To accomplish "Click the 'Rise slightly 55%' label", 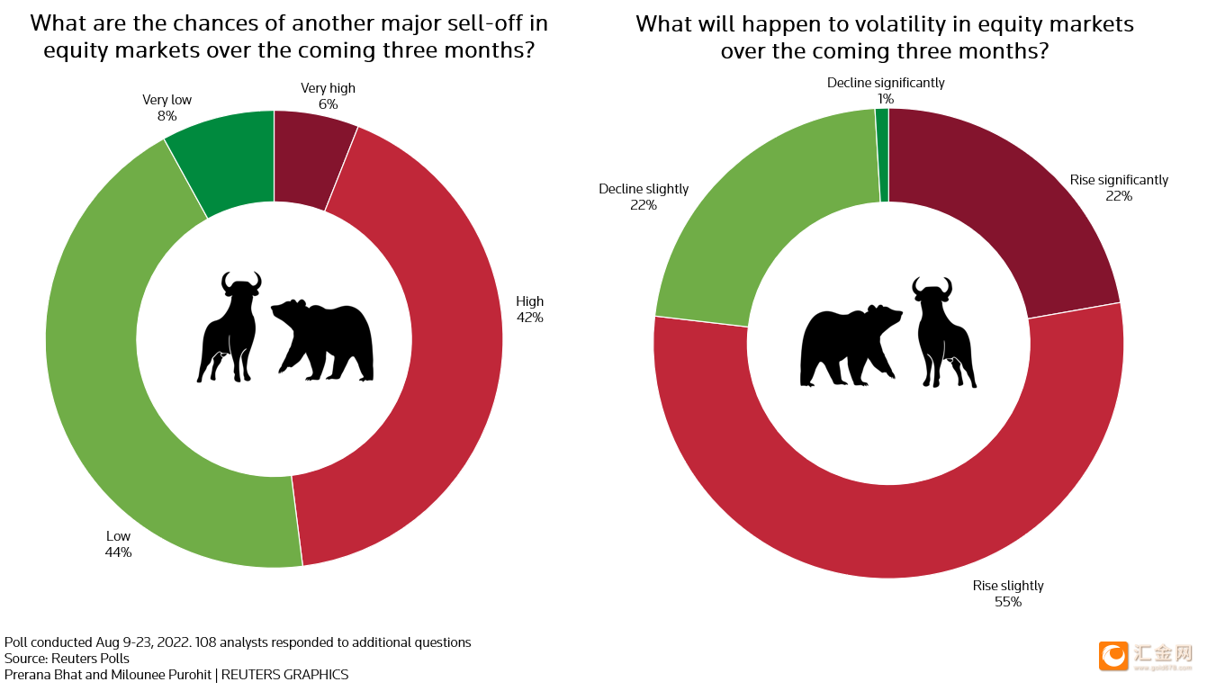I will point(1008,594).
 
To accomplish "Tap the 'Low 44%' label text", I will point(118,544).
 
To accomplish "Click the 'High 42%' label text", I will point(529,310).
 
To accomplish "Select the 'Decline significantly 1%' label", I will point(886,91).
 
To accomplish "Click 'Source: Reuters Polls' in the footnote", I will point(67,659).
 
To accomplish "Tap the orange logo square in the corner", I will point(1113,655).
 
